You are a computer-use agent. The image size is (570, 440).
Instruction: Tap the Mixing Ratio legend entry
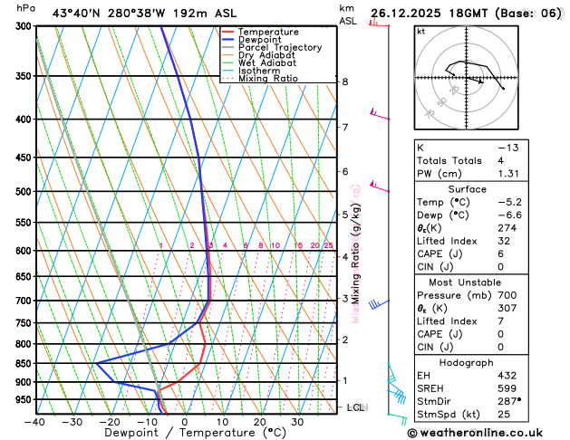tap(267, 79)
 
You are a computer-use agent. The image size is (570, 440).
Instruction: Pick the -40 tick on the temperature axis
tap(35, 422)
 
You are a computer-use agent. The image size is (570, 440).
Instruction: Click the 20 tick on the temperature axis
tap(259, 422)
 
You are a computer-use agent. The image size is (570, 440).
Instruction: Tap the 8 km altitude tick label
tap(345, 81)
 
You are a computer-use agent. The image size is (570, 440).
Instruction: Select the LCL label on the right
tap(356, 408)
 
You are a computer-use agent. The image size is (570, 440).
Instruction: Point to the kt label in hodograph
tap(420, 32)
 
